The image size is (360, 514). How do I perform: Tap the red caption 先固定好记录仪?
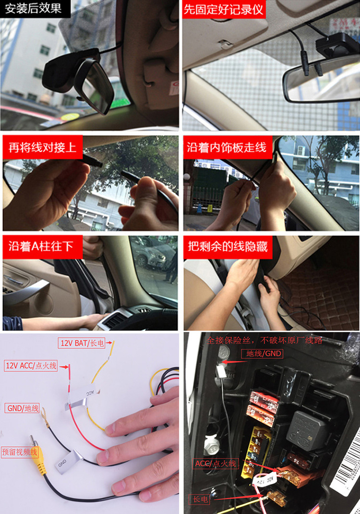pyautogui.click(x=224, y=10)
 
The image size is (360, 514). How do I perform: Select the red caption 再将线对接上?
pyautogui.click(x=43, y=147)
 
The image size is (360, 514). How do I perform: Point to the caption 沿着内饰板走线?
pyautogui.click(x=227, y=147)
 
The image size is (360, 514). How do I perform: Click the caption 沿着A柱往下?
pyautogui.click(x=41, y=246)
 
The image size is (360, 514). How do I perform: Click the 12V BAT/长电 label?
pyautogui.click(x=82, y=343)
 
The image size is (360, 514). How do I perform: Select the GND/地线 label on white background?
pyautogui.click(x=23, y=408)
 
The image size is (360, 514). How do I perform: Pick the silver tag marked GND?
pyautogui.click(x=67, y=464)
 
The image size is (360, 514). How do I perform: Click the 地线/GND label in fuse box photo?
pyautogui.click(x=262, y=354)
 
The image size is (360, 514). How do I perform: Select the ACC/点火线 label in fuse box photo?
pyautogui.click(x=216, y=464)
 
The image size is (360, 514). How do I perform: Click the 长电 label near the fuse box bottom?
pyautogui.click(x=199, y=500)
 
